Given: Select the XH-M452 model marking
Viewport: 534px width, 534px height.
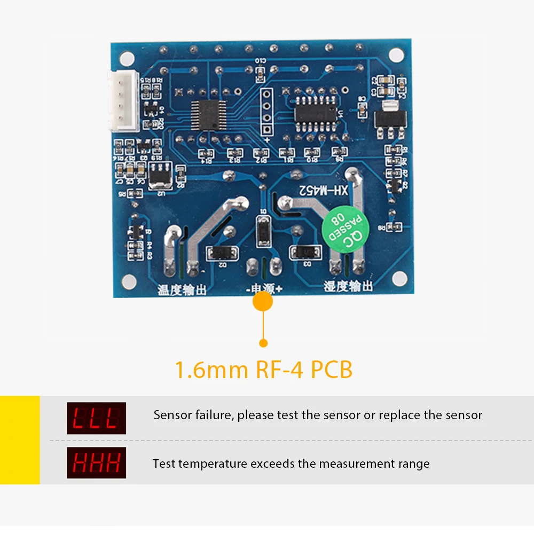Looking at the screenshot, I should [324, 190].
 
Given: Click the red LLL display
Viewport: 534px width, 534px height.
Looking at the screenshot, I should [96, 418].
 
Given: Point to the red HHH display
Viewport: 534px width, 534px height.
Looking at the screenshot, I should [96, 462].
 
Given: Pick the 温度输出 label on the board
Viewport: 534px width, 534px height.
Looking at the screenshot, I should [182, 289].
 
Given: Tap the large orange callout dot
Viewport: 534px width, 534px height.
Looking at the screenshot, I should [262, 302].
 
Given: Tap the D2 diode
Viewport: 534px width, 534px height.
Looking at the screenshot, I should [222, 253].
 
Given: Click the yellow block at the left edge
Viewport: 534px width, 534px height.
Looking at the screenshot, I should [20, 439].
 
